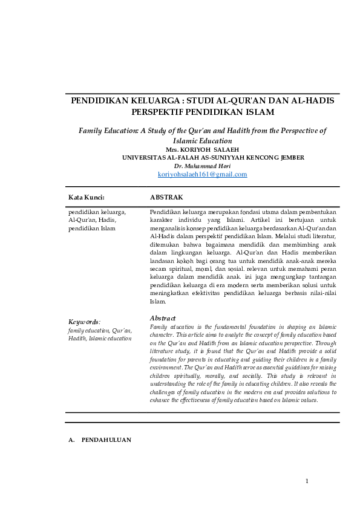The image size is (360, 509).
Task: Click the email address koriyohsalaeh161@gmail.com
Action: click(x=202, y=174)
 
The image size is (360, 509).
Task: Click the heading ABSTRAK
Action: click(x=166, y=197)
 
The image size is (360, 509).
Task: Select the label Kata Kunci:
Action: click(x=87, y=197)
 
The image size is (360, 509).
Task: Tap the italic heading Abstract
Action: click(x=163, y=318)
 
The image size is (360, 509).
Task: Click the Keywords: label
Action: click(x=84, y=322)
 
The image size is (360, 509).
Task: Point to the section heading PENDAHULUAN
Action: click(x=106, y=439)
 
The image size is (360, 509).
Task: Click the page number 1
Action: click(x=307, y=481)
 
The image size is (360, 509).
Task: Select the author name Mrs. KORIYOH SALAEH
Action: click(x=202, y=149)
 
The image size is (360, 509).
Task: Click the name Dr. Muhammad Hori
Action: click(x=202, y=165)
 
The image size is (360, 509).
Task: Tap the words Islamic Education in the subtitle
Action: click(x=202, y=140)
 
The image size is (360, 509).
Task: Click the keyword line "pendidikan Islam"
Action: click(x=91, y=229)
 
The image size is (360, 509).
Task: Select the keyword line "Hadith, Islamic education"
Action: click(x=100, y=338)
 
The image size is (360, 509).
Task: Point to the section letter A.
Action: click(x=71, y=439)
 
